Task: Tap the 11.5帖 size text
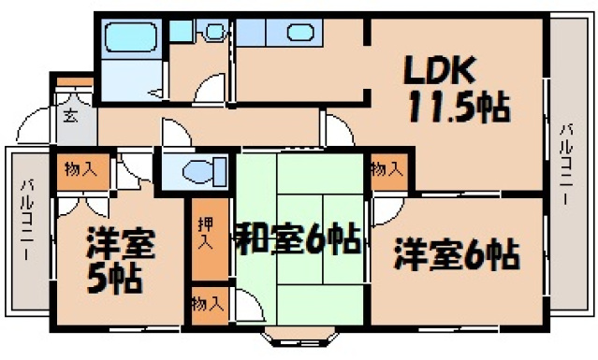[457, 109]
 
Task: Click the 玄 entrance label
[70, 116]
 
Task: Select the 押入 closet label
[208, 233]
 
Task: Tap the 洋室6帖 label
[456, 252]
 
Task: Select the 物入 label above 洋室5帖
[79, 169]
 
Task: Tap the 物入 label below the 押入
[208, 303]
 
